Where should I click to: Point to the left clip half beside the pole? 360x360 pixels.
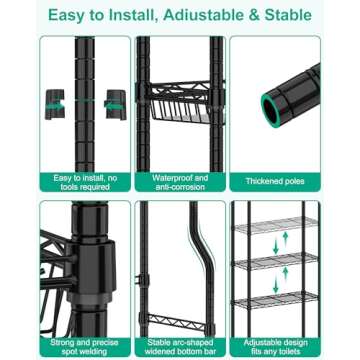52,102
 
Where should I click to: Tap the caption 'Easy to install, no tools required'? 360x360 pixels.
84,181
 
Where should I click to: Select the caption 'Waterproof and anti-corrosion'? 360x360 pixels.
180,181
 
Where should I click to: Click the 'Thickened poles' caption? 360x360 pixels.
275,181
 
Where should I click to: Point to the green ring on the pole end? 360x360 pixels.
272,103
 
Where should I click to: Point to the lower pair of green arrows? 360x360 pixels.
283,281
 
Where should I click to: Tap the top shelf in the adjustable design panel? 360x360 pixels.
276,223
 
